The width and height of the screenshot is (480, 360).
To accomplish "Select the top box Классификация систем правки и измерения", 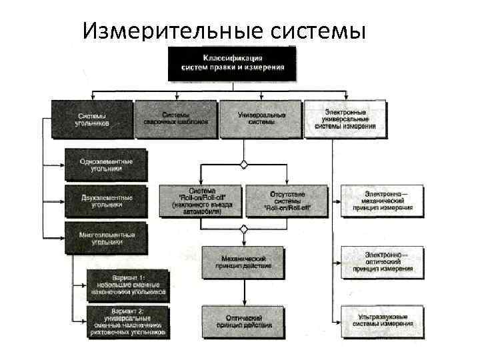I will coord(232,63).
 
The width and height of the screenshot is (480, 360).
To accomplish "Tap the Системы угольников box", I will coord(93,119).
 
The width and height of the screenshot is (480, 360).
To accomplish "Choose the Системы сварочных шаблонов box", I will coord(176,119).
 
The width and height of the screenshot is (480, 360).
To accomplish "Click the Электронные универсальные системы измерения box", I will coord(345,119).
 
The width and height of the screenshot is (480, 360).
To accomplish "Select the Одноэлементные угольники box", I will coord(105,165).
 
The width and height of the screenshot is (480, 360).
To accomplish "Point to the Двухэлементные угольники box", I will coord(105,201).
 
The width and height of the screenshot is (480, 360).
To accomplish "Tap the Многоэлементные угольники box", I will coord(105,239).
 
